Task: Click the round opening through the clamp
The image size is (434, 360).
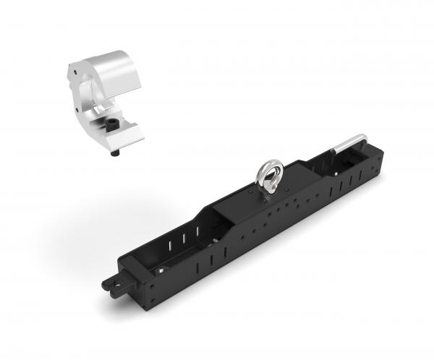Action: tap(87, 91)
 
